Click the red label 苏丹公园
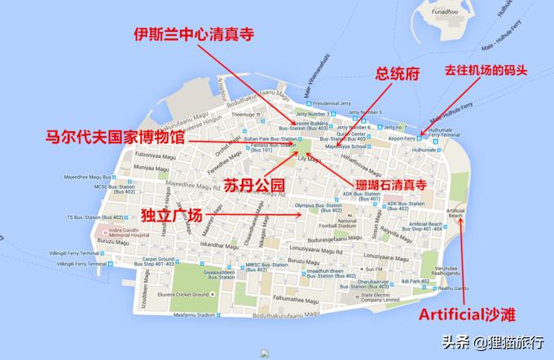[x=256, y=185]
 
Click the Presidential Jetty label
[x=331, y=103]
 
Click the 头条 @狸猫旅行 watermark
[x=493, y=342]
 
